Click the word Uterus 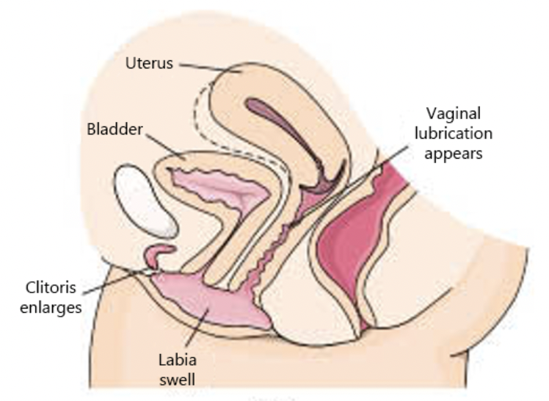click(x=149, y=63)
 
